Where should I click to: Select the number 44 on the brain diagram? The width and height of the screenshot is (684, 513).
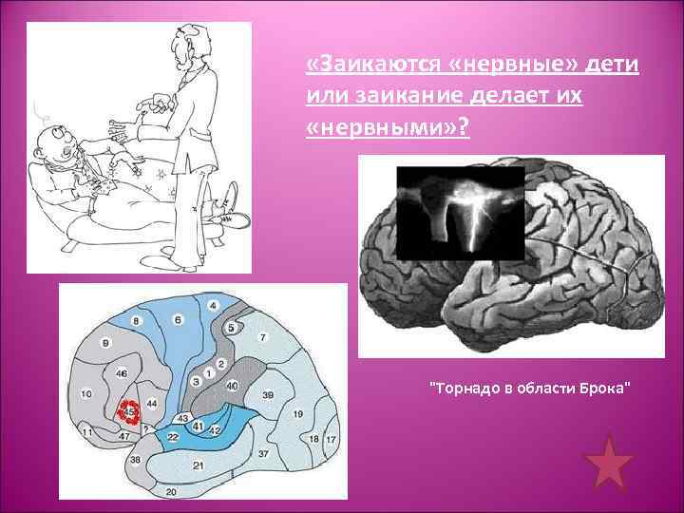click(152, 404)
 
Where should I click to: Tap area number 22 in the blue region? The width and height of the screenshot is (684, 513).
click(172, 436)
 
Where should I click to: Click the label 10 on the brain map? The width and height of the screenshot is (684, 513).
click(86, 393)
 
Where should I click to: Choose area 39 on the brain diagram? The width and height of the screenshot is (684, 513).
click(268, 393)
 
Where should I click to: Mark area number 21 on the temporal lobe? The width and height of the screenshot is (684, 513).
click(199, 465)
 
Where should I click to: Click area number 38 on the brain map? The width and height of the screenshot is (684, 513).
click(136, 460)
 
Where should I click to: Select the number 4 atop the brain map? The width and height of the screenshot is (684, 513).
click(212, 305)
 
